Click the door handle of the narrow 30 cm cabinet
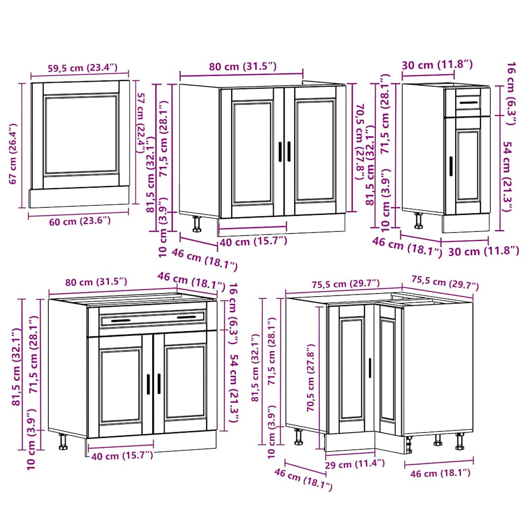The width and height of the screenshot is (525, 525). coord(451,166)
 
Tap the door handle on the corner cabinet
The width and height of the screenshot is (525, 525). coord(370,368)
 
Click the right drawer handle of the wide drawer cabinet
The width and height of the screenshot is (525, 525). coord(187,317)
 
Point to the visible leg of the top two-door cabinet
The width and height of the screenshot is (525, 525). coord(197,224)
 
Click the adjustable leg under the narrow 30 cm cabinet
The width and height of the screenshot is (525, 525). coord(419,220)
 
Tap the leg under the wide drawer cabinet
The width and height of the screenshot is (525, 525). coord(63,441)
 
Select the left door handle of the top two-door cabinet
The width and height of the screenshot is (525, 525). coord(280,152)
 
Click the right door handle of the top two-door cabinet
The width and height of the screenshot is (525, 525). coord(289,152)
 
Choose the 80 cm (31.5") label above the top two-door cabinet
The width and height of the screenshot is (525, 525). coord(243,66)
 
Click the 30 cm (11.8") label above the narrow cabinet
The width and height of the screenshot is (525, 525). coord(437,65)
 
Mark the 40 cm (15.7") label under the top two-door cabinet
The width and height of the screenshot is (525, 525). coord(253,241)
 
